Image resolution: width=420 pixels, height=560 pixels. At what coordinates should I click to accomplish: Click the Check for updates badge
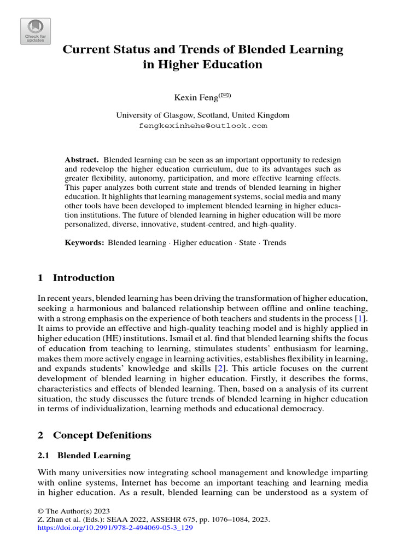pos(35,31)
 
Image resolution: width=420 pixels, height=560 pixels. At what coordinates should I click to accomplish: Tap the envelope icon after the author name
pos(225,96)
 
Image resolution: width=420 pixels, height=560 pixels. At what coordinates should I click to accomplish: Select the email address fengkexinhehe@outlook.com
pos(203,126)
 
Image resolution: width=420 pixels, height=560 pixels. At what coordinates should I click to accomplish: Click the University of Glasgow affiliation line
pos(203,115)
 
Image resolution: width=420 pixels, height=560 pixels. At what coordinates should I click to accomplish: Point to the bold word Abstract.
pos(81,160)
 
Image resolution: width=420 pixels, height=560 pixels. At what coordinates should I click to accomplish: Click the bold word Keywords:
pos(84,242)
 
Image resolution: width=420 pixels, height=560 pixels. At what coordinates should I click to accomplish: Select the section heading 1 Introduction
pos(76,278)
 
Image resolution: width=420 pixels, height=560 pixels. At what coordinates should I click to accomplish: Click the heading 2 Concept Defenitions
pos(94,435)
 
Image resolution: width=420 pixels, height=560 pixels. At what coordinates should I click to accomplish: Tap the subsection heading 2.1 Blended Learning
pos(84,455)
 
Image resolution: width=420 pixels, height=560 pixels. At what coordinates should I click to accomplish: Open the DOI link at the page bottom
pos(115,529)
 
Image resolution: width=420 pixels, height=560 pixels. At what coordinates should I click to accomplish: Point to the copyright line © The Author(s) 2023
pos(71,509)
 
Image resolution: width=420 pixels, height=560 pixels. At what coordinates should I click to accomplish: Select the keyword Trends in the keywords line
pos(275,242)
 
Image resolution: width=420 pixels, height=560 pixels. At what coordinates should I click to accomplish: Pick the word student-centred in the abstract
pos(244,224)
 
